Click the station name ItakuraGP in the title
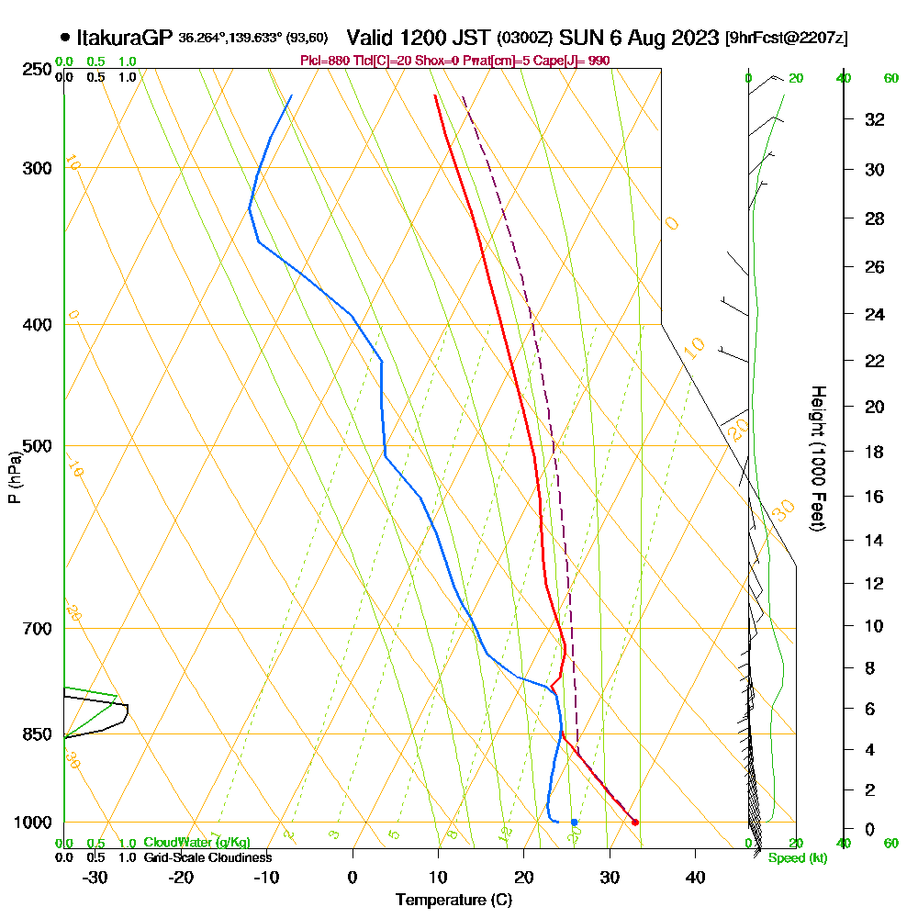[x=125, y=39]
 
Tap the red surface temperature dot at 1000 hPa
[x=634, y=822]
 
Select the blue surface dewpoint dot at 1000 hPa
[x=574, y=822]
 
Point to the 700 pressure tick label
[x=38, y=629]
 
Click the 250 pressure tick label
[x=38, y=70]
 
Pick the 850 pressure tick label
[x=38, y=734]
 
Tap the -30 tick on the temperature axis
[x=95, y=877]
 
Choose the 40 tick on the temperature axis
[x=695, y=877]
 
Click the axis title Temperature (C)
[x=453, y=901]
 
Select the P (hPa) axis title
[x=14, y=477]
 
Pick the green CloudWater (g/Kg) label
[x=196, y=843]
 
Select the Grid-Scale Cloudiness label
[x=207, y=857]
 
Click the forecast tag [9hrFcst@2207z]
[x=786, y=39]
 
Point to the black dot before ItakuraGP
[x=64, y=39]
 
